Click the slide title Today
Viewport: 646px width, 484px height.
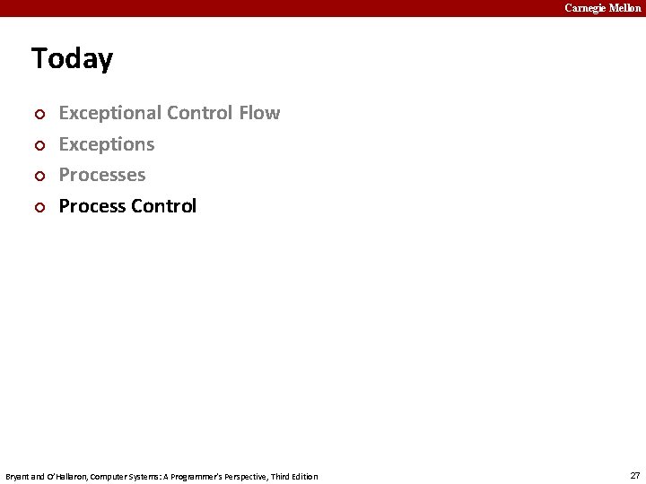(x=72, y=59)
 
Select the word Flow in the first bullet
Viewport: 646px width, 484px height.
(x=259, y=113)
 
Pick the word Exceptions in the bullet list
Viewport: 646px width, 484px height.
(x=107, y=144)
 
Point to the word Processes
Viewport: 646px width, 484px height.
(x=102, y=175)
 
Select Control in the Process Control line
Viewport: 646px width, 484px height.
(x=163, y=206)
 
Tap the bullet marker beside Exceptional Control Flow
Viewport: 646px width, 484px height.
(x=38, y=115)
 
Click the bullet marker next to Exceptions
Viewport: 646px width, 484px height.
(x=38, y=145)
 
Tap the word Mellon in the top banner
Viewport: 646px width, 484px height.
(x=625, y=8)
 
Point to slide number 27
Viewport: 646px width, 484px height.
(x=635, y=475)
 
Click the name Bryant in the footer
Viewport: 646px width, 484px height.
(x=17, y=476)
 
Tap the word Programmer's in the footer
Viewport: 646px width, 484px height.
(x=189, y=476)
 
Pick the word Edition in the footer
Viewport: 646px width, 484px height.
(x=303, y=476)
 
